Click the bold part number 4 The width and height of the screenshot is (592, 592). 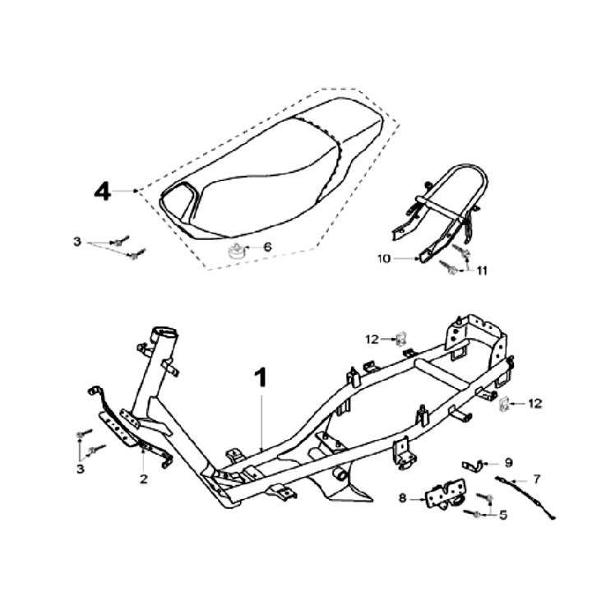click(x=102, y=192)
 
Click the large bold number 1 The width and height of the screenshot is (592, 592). click(x=261, y=379)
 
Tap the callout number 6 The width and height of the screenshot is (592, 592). click(x=266, y=247)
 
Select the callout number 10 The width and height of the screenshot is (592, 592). click(x=384, y=258)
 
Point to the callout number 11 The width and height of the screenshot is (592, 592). click(x=482, y=270)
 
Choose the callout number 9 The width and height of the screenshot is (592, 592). click(x=508, y=462)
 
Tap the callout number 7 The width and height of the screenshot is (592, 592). click(x=536, y=478)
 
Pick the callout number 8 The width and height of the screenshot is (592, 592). click(x=403, y=497)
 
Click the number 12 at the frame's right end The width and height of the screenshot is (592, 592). click(x=535, y=403)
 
